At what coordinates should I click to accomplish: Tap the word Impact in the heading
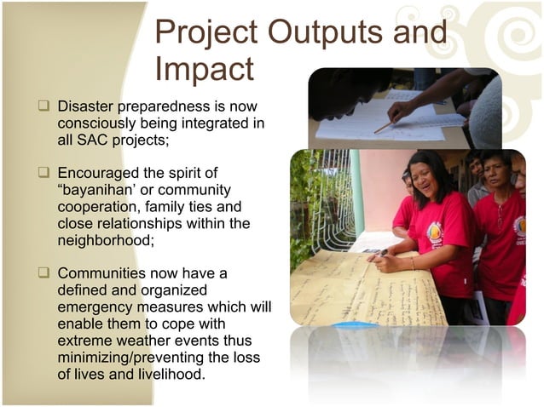[x=205, y=69]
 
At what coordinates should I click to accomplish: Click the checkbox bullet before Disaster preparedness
[x=42, y=108]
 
